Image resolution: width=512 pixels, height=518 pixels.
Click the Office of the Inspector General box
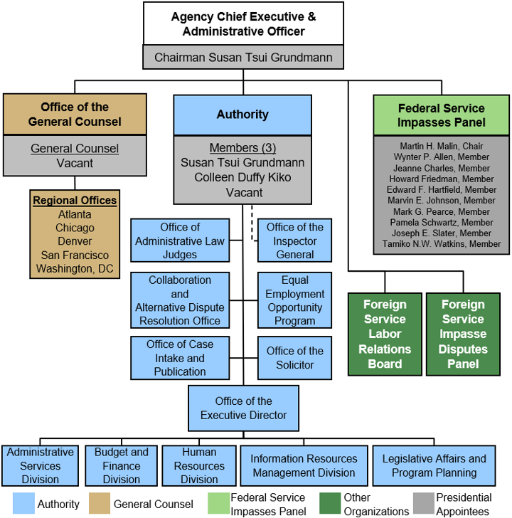pos(294,240)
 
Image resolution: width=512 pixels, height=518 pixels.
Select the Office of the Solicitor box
pos(294,358)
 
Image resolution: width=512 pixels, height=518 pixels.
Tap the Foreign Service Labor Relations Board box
pos(385,334)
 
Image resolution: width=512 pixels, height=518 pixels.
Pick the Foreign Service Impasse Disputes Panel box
pos(463,334)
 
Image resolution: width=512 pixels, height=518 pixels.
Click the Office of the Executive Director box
pos(243,408)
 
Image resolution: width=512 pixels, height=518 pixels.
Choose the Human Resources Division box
pos(199,465)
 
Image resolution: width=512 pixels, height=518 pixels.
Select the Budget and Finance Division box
pos(121,465)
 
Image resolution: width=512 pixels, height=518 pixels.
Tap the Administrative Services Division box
pos(40,465)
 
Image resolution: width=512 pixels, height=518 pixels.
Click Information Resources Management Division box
pos(304,465)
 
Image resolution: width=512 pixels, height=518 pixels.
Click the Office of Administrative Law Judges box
pos(180,240)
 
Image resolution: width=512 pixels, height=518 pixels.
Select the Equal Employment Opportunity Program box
pos(294,300)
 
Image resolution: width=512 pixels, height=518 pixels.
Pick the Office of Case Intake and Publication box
pos(180,358)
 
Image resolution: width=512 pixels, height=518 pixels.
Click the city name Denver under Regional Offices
pos(75,241)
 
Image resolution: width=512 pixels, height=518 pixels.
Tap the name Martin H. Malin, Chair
pos(442,146)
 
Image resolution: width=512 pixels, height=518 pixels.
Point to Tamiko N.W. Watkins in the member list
pos(442,244)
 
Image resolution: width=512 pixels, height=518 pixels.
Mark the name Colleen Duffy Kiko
pos(242,177)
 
